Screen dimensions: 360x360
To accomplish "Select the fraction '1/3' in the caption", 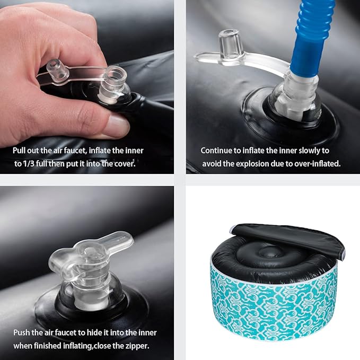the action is [x=29, y=164].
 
